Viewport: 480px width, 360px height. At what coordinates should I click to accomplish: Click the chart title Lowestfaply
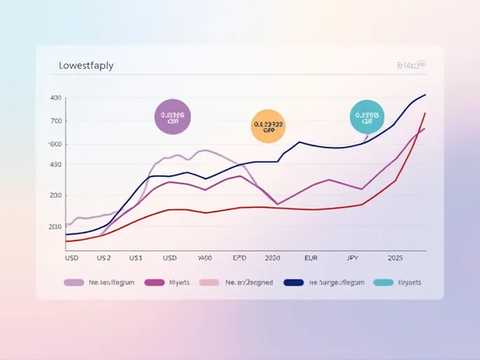[82, 66]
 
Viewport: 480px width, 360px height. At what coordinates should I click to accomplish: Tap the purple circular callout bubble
[173, 117]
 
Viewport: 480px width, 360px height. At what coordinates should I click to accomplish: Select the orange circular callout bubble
[267, 127]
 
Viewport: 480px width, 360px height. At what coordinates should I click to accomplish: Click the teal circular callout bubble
[367, 117]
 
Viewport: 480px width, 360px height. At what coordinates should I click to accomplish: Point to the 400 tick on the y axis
[56, 98]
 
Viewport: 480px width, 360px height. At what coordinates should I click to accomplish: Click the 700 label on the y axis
[56, 121]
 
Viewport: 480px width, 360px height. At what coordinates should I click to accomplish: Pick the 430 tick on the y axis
[55, 165]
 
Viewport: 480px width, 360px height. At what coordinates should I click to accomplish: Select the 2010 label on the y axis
[55, 227]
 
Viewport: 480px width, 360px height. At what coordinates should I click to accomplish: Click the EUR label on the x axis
[311, 258]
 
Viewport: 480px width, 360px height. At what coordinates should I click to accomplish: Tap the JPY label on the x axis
[352, 258]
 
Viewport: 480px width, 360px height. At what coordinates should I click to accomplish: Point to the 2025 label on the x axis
[396, 258]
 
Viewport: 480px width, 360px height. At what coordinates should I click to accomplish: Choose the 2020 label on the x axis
[272, 258]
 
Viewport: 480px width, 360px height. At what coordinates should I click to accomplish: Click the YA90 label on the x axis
[205, 258]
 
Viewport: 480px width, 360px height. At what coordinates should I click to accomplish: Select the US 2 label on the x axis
[104, 258]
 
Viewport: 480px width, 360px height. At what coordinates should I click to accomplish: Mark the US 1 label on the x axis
[135, 258]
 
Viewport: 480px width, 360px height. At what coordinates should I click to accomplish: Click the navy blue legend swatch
[293, 283]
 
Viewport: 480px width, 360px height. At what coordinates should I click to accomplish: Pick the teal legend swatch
[383, 283]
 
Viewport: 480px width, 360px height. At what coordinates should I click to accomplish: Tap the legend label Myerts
[180, 283]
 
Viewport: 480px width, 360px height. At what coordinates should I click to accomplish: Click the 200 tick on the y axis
[55, 196]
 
